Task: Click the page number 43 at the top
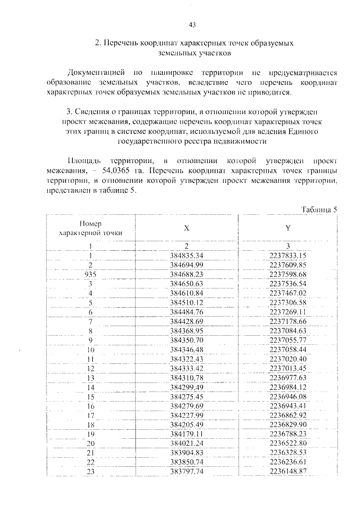pyautogui.click(x=192, y=24)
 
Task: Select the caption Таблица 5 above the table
pyautogui.click(x=318, y=209)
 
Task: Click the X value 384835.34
pyautogui.click(x=186, y=255)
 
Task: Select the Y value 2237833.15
pyautogui.click(x=287, y=255)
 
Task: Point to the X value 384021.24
pyautogui.click(x=186, y=443)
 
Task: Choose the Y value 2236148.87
pyautogui.click(x=287, y=471)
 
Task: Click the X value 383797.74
pyautogui.click(x=186, y=471)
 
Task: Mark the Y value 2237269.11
pyautogui.click(x=287, y=312)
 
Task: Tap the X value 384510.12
pyautogui.click(x=186, y=302)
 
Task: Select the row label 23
pyautogui.click(x=90, y=471)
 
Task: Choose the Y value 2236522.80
pyautogui.click(x=287, y=443)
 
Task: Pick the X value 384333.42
pyautogui.click(x=186, y=368)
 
